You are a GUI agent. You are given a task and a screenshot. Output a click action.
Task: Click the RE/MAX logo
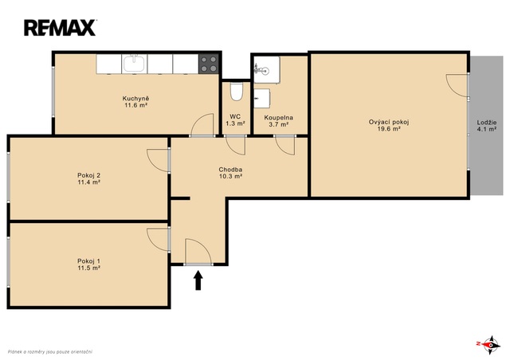point(60,28)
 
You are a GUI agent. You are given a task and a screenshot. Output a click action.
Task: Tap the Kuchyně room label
point(135,99)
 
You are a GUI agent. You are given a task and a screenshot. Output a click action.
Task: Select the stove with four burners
point(209,64)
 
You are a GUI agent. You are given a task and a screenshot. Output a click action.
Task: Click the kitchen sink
point(135,64)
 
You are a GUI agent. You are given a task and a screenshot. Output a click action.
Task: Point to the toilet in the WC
point(236,92)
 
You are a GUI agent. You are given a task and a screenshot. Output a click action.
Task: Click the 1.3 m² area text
point(235,123)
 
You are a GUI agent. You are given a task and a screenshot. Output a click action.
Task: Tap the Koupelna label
point(278,118)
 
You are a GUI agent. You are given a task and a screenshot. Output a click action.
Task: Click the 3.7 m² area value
point(278,124)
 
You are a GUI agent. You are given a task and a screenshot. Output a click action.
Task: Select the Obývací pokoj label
point(389,123)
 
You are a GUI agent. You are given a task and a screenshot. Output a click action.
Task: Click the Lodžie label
point(487,123)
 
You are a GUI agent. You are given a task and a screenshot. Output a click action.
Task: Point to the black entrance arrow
point(198,280)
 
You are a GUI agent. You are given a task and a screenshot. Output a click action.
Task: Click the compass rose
point(489,345)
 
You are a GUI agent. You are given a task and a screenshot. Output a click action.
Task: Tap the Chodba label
point(230,170)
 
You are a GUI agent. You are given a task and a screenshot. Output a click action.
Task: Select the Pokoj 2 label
point(88,175)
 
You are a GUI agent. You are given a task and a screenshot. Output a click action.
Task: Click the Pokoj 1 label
point(88,261)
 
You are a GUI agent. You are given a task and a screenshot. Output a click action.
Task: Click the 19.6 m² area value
point(389,129)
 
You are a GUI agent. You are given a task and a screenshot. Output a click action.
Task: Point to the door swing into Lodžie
point(452,89)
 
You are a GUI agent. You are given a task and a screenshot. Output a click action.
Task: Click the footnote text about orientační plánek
point(50,352)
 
